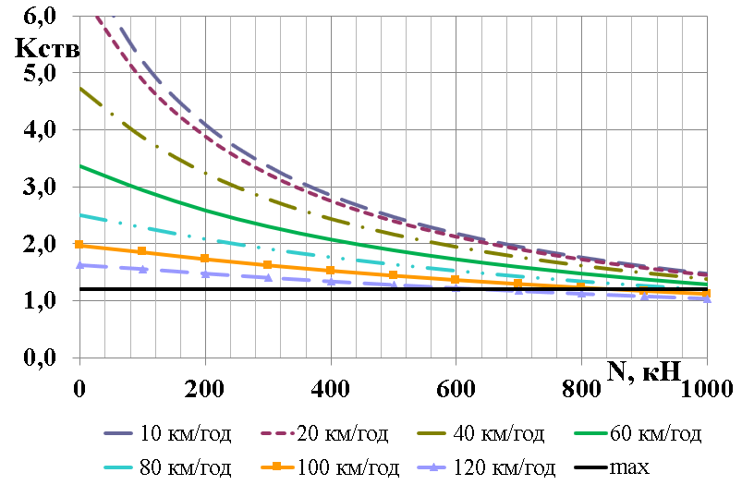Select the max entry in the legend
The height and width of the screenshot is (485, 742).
(634, 467)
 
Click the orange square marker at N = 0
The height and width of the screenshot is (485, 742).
(79, 245)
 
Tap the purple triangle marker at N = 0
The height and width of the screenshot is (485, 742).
(79, 264)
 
